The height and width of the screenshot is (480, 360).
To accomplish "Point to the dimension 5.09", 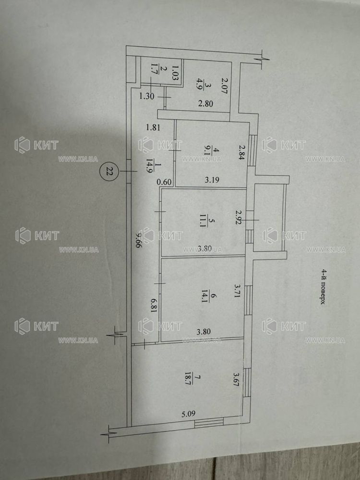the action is coord(188,414).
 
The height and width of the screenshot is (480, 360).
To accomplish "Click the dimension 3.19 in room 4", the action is coord(212,180).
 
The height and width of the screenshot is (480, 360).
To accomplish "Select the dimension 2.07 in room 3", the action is coord(225,86).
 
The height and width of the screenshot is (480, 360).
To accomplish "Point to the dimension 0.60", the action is coord(164,182).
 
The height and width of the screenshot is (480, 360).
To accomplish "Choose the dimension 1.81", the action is coord(153,127).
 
